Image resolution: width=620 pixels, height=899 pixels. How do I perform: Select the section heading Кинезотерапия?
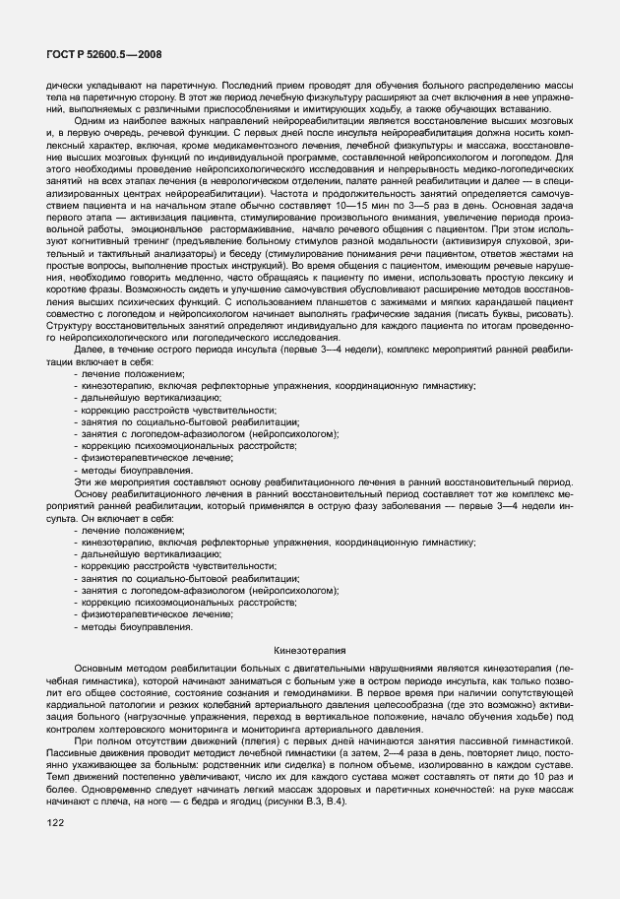310,651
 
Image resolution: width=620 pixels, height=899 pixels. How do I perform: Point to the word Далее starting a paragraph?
90,352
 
